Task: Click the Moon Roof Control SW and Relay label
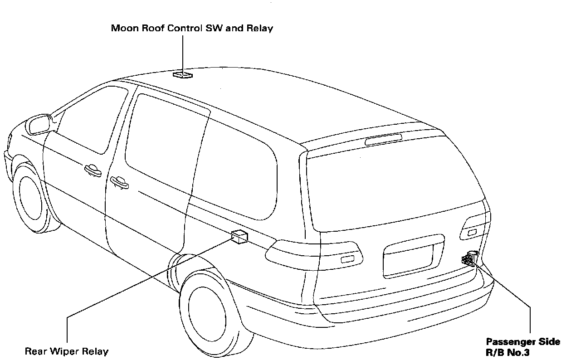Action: click(192, 29)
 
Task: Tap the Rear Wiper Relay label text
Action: click(67, 351)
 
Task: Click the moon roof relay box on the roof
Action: click(183, 74)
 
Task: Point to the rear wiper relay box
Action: click(239, 236)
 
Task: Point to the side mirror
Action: click(39, 124)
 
